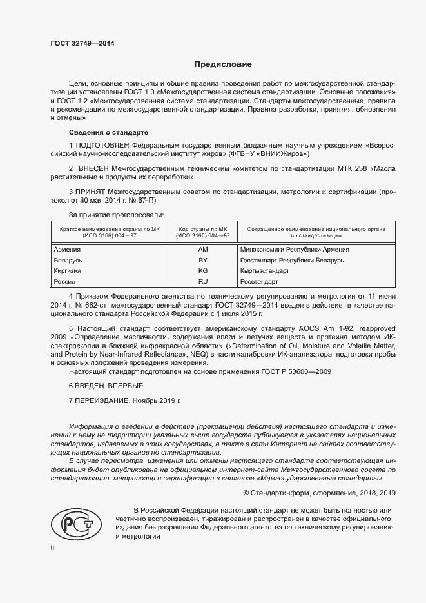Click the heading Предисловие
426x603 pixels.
[223, 64]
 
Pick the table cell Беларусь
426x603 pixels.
[68, 260]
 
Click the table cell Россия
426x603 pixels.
[65, 282]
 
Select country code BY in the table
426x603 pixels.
[203, 260]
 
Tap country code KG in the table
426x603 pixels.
[203, 271]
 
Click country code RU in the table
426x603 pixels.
[203, 282]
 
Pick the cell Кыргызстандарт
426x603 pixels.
[264, 271]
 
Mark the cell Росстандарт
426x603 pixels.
[259, 282]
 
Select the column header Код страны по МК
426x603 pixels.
[203, 228]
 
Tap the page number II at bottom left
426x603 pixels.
[52, 547]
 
